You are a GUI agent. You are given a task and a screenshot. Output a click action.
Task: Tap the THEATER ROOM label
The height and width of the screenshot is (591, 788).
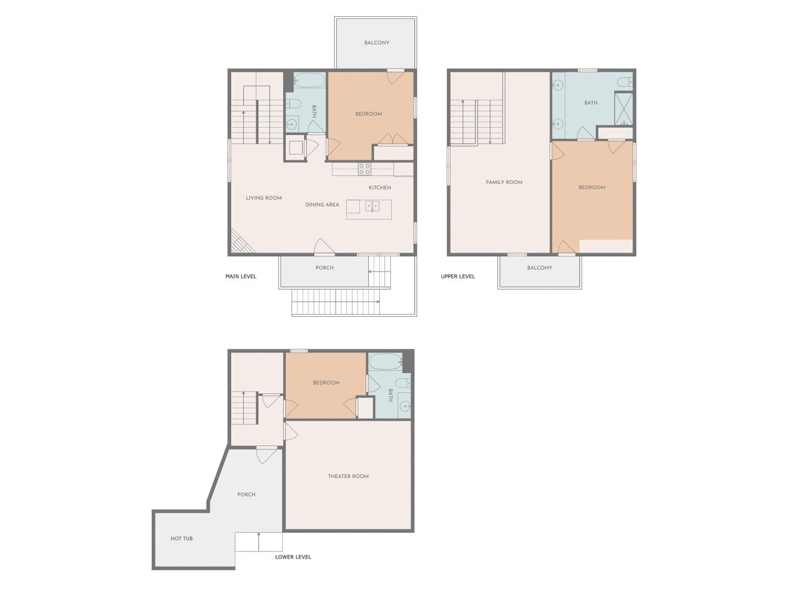pos(348,476)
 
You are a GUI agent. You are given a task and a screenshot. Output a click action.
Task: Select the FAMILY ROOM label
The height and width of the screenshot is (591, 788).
pos(504,182)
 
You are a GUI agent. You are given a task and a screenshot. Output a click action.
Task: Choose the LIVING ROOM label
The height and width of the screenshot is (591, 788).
pos(264,198)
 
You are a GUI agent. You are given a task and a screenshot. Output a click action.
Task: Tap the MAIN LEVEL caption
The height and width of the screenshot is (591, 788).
pos(241,276)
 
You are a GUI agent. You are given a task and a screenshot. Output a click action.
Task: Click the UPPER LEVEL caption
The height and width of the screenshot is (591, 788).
pos(458,276)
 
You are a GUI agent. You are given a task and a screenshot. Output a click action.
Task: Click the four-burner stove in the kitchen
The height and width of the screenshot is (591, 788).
pos(364,169)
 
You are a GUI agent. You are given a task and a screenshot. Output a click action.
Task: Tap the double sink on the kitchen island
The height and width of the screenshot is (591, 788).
pos(372,206)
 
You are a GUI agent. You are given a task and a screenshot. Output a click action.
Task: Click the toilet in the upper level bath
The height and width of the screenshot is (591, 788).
pos(625,82)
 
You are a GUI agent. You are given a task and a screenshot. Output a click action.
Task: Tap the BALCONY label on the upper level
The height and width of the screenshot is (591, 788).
pos(539,268)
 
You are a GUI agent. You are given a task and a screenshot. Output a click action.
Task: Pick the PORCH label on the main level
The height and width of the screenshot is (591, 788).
pos(325,268)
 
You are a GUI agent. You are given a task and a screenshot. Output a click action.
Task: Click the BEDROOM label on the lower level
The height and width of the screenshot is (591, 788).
pos(326,383)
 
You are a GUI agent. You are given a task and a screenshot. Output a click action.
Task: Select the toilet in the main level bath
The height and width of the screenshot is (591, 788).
pos(294,104)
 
